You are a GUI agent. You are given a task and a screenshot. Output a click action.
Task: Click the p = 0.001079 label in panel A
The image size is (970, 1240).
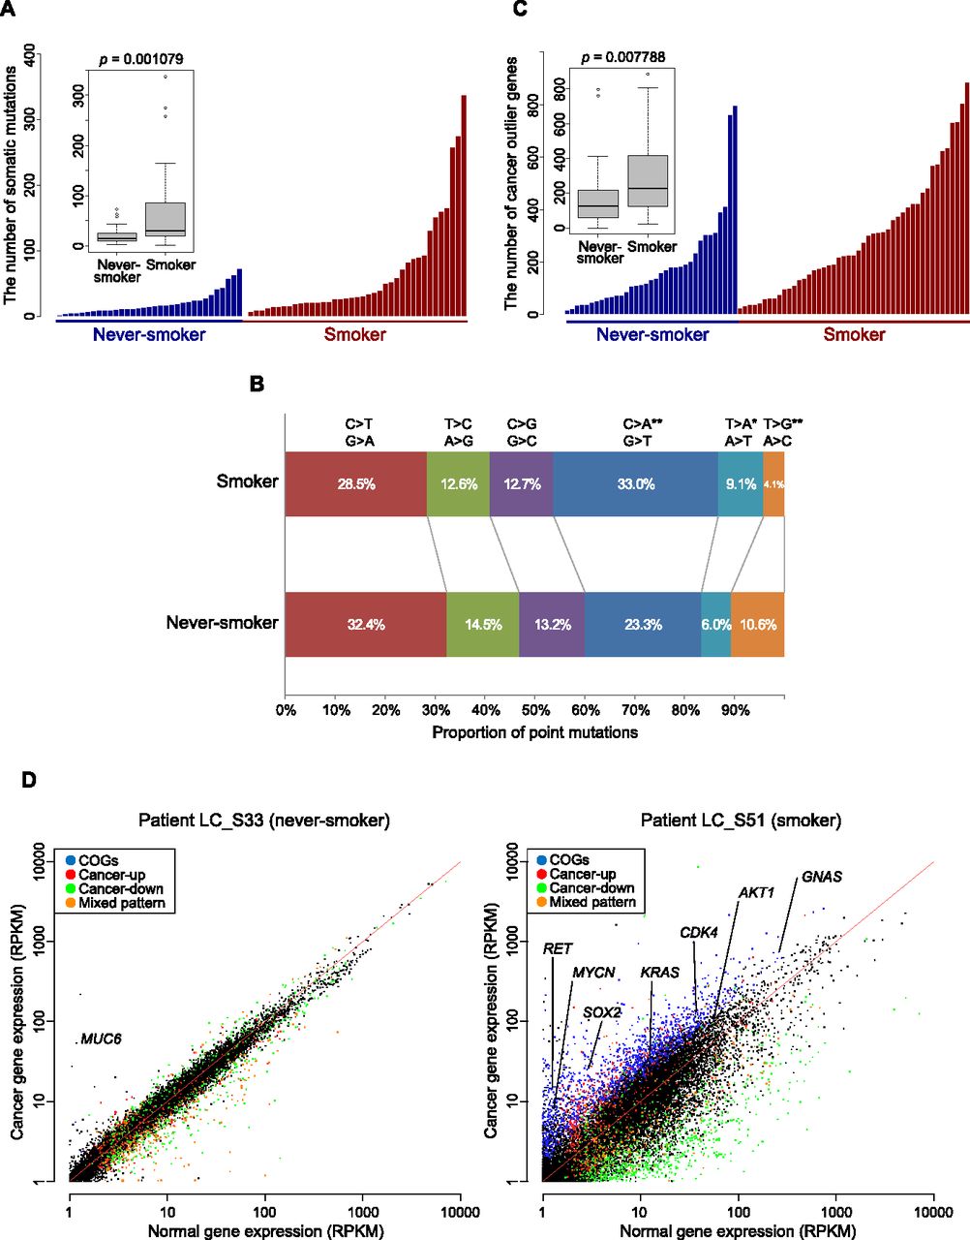point(140,60)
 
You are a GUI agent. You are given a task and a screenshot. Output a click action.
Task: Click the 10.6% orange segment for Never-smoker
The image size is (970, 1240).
point(757,625)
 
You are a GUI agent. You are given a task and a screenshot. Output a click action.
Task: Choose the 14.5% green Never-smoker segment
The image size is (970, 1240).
point(483,625)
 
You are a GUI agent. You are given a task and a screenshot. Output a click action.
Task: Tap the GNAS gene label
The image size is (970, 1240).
point(821,878)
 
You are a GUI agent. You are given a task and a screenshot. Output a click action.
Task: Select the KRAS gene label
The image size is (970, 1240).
point(659,973)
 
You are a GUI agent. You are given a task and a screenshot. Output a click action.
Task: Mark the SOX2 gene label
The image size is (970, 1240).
point(601,1012)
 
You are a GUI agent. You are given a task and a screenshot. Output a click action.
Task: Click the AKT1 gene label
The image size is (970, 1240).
point(756,892)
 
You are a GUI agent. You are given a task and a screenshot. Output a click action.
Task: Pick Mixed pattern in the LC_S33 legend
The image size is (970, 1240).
point(122,903)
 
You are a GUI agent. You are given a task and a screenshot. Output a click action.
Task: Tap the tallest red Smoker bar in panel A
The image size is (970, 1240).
point(464,205)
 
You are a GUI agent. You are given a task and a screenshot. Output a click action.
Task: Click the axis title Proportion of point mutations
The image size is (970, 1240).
point(534,732)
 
